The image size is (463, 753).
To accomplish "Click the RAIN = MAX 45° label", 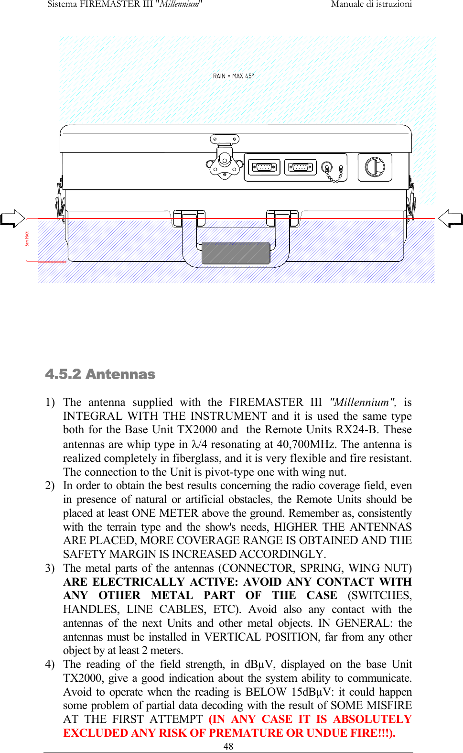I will pos(233,76).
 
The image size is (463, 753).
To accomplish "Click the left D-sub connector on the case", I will pos(264,167).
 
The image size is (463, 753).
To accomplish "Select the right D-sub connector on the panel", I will pos(300,167).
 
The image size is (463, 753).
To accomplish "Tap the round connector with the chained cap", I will pos(327,167).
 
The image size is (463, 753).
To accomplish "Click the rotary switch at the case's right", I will pos(375,167).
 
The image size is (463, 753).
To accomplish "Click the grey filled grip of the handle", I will pos(236,253).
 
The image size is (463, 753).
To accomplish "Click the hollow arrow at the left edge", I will pos(13,219).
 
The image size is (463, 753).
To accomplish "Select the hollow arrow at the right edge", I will pos(450,219).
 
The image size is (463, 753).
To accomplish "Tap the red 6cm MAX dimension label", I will pos(27,239).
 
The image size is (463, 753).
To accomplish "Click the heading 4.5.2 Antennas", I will pos(100,374).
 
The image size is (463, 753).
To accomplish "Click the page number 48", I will pos(228,746).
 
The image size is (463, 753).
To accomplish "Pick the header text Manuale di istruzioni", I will pos(371,4).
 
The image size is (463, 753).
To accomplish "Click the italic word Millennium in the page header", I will pos(179,4).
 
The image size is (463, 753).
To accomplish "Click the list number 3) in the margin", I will pos(50,568).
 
